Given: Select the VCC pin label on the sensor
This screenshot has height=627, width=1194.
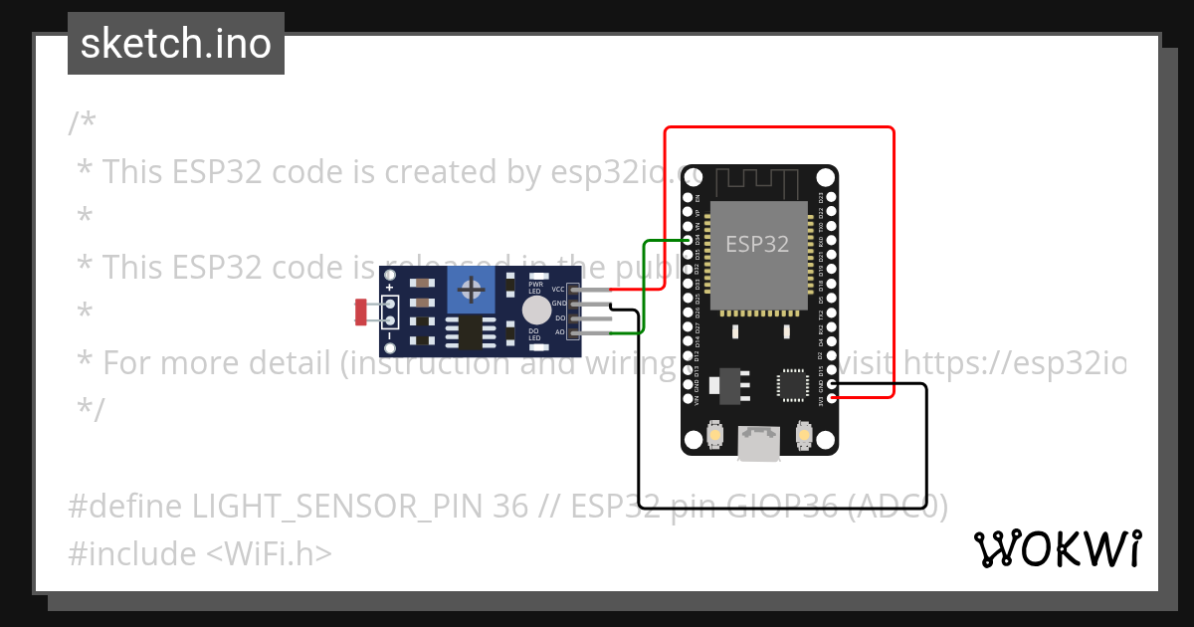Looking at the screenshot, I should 558,289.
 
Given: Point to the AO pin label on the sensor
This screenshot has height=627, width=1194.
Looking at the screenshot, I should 559,331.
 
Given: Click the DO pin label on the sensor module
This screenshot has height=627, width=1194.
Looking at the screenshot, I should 560,317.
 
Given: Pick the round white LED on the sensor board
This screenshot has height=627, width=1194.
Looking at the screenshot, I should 535,309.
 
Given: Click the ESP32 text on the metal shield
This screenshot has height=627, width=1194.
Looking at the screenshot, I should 757,244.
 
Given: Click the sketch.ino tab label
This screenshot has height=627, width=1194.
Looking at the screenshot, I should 176,44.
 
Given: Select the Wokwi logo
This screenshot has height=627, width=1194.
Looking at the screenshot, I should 1058,548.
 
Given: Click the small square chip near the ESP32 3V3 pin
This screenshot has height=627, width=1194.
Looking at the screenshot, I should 792,385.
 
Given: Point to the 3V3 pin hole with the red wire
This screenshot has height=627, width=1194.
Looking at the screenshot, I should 832,398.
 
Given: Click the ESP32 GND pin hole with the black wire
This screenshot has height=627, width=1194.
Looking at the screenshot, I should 832,384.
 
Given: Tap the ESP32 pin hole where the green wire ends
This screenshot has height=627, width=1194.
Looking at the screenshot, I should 689,241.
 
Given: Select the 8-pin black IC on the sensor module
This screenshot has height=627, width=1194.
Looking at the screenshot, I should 465,332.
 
